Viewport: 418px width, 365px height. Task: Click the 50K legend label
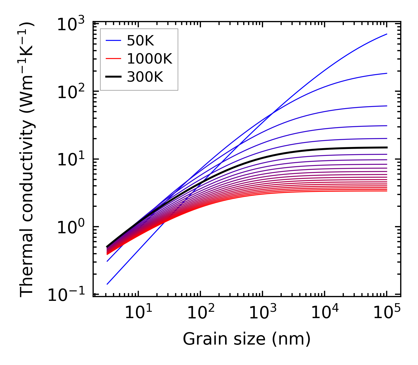pyautogui.click(x=141, y=41)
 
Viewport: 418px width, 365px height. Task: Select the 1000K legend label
pyautogui.click(x=149, y=59)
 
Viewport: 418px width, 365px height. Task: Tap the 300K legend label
pyautogui.click(x=145, y=77)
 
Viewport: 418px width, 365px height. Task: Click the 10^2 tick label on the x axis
pyautogui.click(x=200, y=313)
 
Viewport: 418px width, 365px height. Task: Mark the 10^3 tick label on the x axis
pyautogui.click(x=262, y=313)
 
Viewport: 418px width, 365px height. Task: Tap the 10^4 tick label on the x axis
pyautogui.click(x=325, y=313)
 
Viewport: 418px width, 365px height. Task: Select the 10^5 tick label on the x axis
pyautogui.click(x=387, y=313)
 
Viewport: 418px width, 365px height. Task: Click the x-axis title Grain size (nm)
pyautogui.click(x=247, y=339)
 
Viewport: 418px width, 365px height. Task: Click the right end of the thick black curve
pyautogui.click(x=387, y=148)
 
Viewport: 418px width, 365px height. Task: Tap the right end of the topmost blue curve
pyautogui.click(x=387, y=34)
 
